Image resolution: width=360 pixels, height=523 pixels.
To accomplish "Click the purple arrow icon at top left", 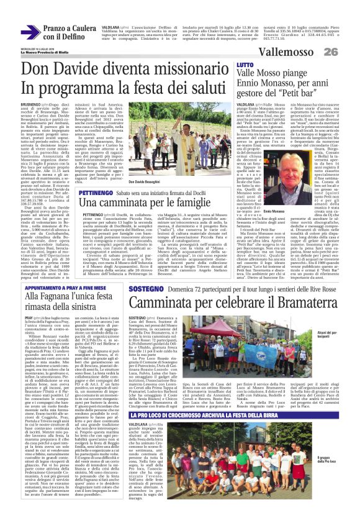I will point(29,30).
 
